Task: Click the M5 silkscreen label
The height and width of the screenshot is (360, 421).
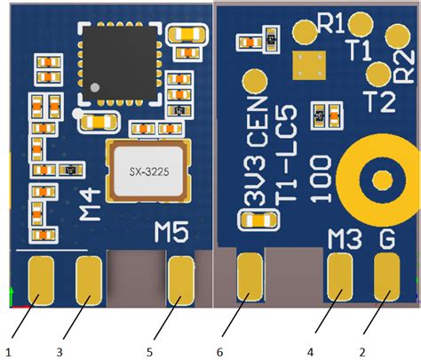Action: click(x=171, y=233)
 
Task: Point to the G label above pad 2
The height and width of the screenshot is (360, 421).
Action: click(x=388, y=237)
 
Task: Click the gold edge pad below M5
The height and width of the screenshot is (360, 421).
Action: click(x=181, y=278)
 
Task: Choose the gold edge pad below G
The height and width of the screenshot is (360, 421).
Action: click(x=387, y=276)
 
